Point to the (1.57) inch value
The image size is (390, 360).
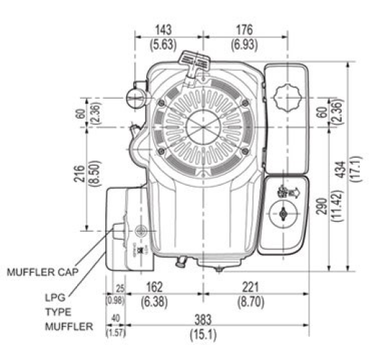pos(114,332)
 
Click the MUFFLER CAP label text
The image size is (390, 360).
pos(41,273)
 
